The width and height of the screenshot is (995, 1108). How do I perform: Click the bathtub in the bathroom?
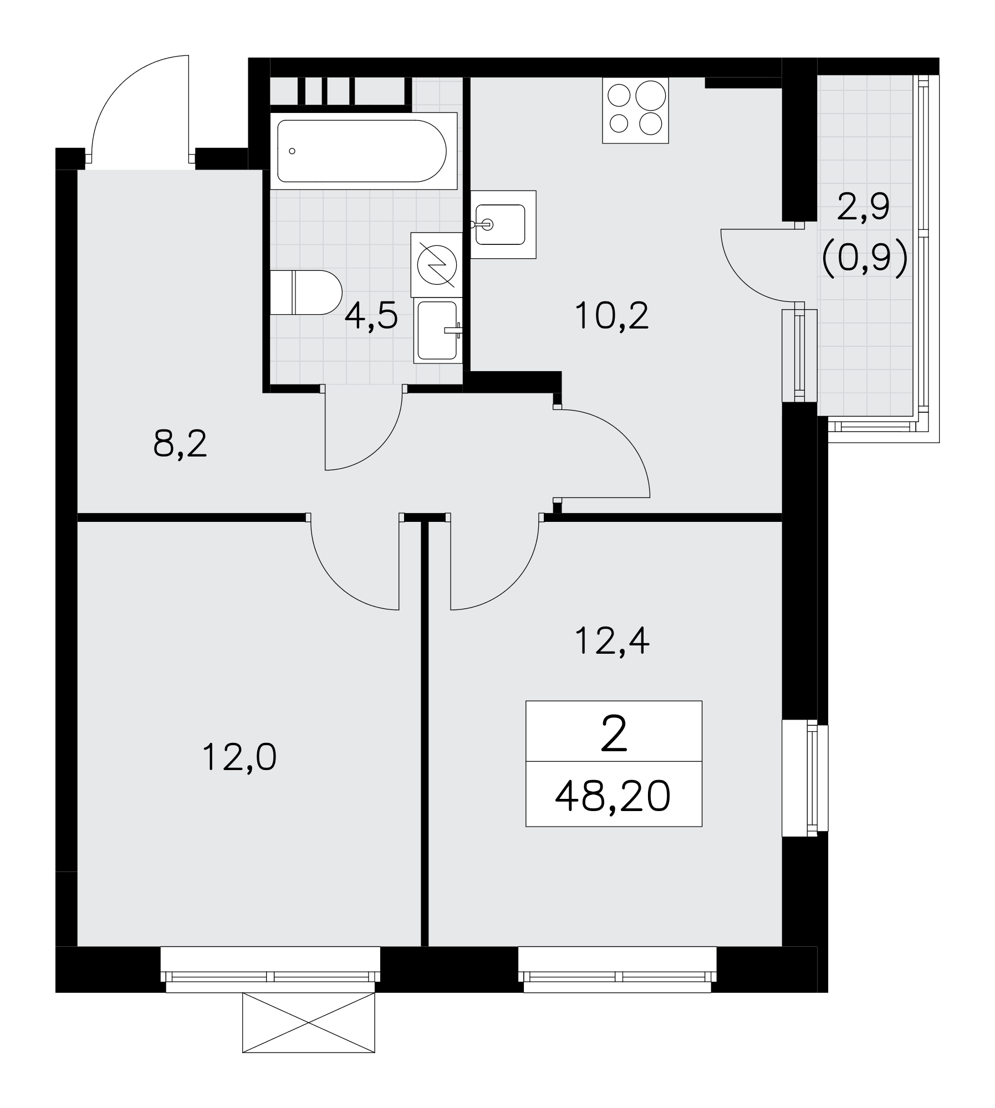(363, 151)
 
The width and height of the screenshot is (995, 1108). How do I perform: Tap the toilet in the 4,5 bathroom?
(305, 293)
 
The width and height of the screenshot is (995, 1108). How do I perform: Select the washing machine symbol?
(437, 264)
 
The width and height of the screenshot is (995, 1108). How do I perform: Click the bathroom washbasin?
(438, 330)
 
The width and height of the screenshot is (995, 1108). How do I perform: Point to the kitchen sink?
(503, 224)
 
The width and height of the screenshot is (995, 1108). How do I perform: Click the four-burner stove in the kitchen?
(636, 111)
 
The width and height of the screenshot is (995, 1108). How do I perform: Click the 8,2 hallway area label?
(180, 444)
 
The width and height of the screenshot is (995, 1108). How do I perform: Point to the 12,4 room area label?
(612, 642)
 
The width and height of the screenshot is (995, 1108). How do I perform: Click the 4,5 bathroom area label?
(371, 317)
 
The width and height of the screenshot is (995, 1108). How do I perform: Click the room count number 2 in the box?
(614, 733)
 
